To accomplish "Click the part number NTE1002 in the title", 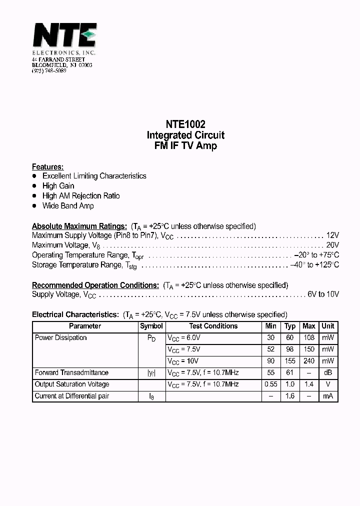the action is pos(185,124).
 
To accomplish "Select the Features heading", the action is pos(47,166).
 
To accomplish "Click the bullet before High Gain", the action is pos(34,186).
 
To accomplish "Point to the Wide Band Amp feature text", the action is pos(68,205).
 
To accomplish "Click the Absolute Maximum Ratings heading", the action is pos(79,226).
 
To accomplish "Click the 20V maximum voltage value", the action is pos(332,245).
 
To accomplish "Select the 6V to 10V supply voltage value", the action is pos(323,294).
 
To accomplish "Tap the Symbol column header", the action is pos(151,326).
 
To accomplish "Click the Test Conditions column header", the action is pos(213,326).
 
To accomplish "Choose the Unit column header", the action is pos(328,326).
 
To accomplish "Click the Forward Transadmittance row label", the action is pos(71,372).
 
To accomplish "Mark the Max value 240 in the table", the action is pos(309,361).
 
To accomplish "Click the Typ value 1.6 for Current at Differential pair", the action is pos(290,396).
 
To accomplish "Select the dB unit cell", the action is pos(328,372).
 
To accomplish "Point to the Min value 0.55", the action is pos(270,384).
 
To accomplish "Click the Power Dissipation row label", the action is pos(60,338).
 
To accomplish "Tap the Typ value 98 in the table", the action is pos(290,349).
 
